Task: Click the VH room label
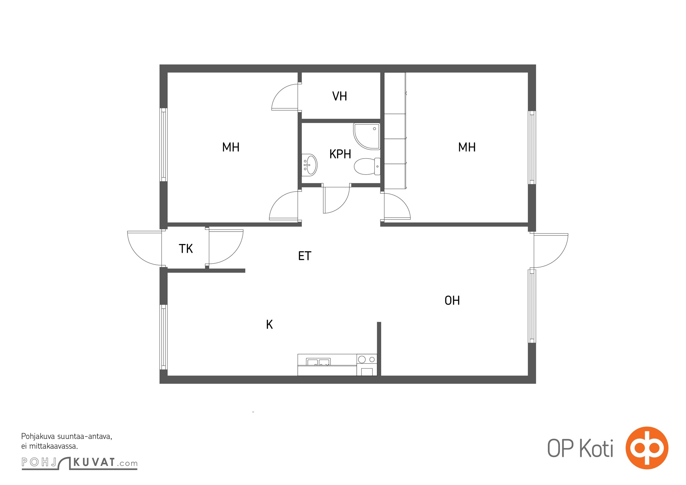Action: tap(339, 96)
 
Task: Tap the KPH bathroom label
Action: tap(340, 154)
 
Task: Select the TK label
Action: tap(186, 249)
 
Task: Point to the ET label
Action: tap(304, 256)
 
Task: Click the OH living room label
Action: tap(452, 300)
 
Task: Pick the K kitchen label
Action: tap(269, 325)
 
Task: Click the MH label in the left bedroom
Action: tap(231, 147)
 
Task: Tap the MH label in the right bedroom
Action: tap(467, 147)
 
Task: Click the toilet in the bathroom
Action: tap(367, 166)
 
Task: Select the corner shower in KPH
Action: tap(367, 136)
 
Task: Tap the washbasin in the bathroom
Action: tap(309, 165)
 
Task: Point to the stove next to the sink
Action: tap(367, 365)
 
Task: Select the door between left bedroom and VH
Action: tap(284, 97)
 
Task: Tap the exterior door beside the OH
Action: tap(551, 251)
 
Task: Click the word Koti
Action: tap(597, 448)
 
